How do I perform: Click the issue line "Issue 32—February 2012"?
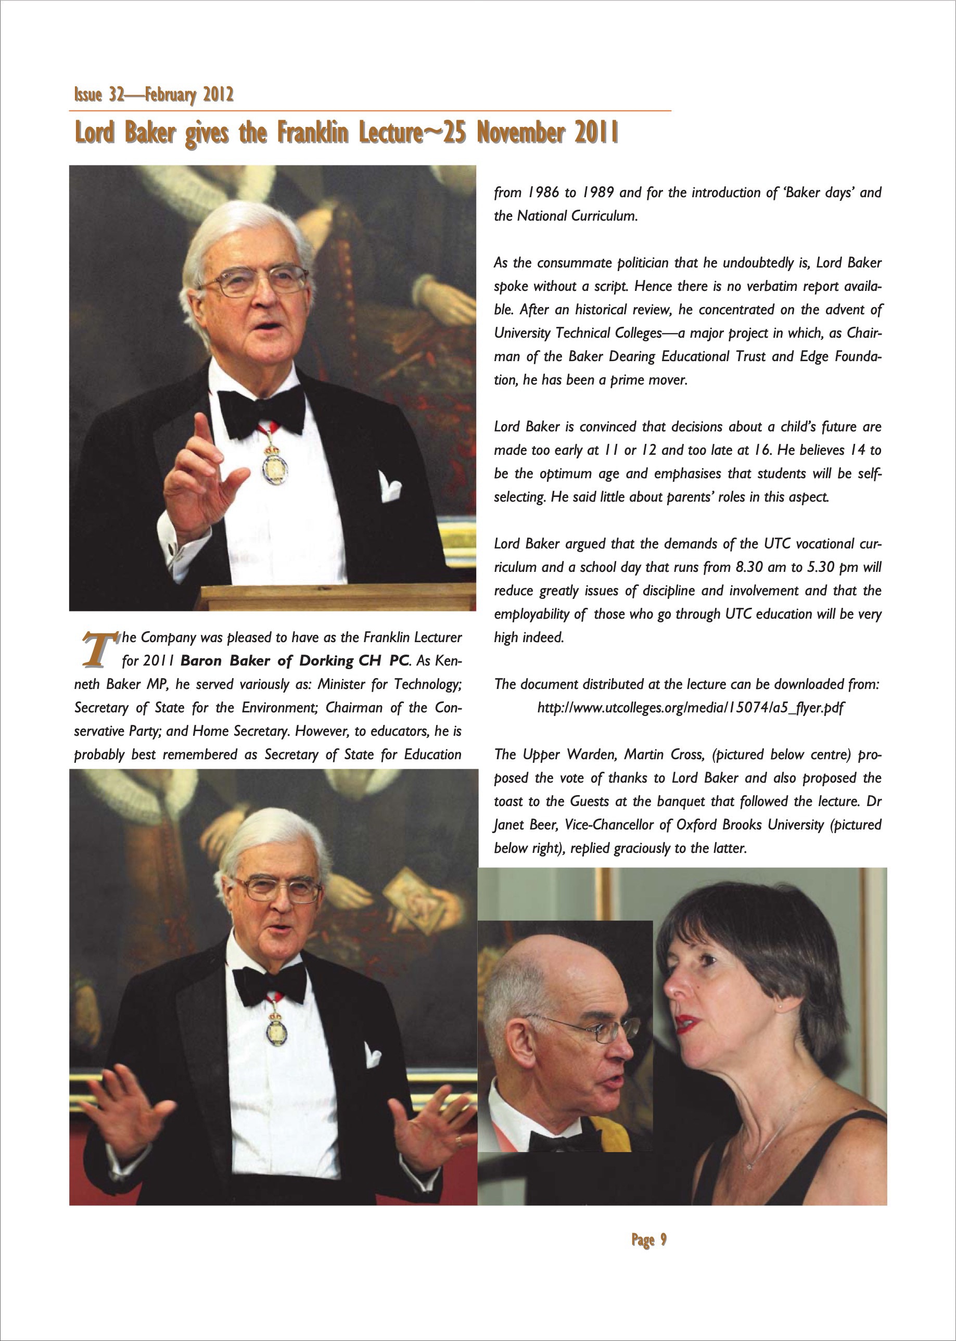click(x=154, y=95)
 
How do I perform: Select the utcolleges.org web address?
click(x=691, y=708)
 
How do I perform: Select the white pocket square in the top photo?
click(x=390, y=488)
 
